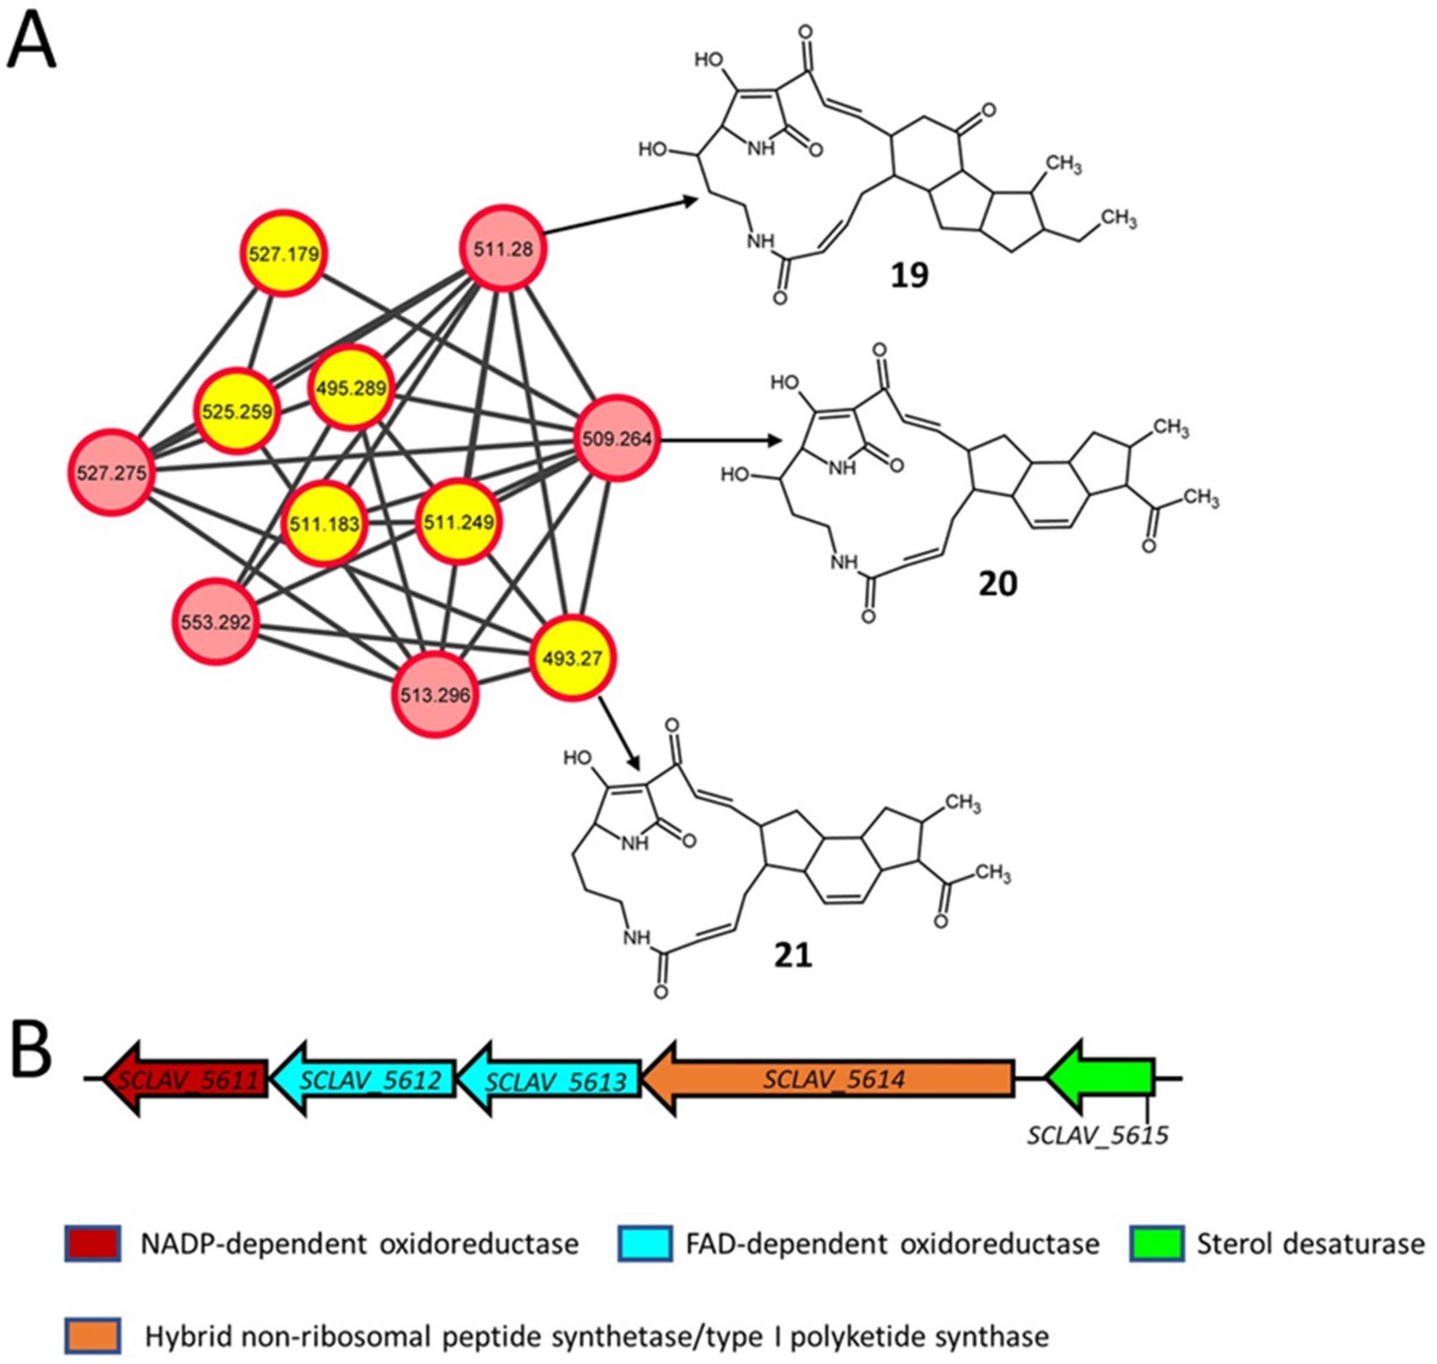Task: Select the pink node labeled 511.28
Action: tap(503, 249)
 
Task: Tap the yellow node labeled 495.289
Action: tap(351, 387)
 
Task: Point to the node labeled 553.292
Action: tap(216, 621)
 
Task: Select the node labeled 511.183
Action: tap(324, 524)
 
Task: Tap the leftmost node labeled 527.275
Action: tap(111, 473)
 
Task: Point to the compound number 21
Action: tap(792, 955)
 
